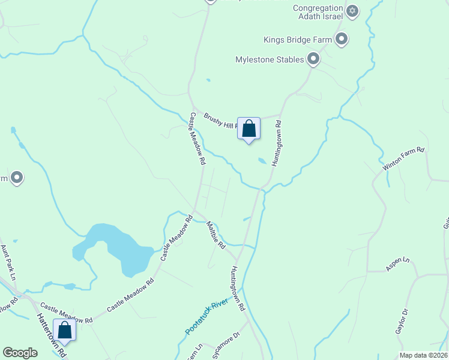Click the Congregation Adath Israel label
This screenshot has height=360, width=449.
[316, 12]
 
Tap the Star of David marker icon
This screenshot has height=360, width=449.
[352, 11]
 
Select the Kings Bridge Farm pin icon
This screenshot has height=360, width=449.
[342, 40]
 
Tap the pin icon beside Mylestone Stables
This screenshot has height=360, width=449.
[313, 59]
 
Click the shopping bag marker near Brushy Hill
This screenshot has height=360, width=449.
[249, 129]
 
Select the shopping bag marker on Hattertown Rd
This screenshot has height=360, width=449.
[64, 331]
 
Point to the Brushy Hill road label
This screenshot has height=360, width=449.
[220, 120]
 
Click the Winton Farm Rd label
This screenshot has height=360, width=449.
[404, 159]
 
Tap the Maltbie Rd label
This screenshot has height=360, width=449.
[215, 236]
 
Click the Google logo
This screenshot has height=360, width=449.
[20, 353]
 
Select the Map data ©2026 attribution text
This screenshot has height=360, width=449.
[423, 355]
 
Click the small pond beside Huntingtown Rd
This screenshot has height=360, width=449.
[262, 161]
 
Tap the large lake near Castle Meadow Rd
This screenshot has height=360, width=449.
[114, 246]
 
